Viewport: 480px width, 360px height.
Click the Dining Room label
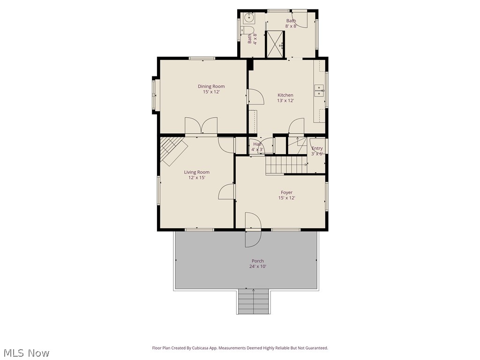click(x=211, y=86)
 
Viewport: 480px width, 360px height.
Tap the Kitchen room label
click(x=285, y=95)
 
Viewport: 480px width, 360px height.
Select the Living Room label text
click(x=196, y=172)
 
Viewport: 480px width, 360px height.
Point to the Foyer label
click(x=286, y=192)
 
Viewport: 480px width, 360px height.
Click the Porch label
click(x=257, y=261)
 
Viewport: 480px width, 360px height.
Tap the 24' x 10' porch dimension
click(x=257, y=267)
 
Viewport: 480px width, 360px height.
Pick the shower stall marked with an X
click(x=275, y=44)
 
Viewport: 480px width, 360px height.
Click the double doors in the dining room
click(x=201, y=126)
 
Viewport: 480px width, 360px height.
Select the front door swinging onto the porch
click(x=252, y=230)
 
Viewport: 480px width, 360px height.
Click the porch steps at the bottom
click(x=254, y=301)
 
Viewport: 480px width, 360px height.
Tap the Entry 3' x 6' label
click(x=317, y=151)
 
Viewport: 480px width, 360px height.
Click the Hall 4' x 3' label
click(x=257, y=147)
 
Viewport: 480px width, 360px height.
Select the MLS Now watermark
click(x=26, y=352)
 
